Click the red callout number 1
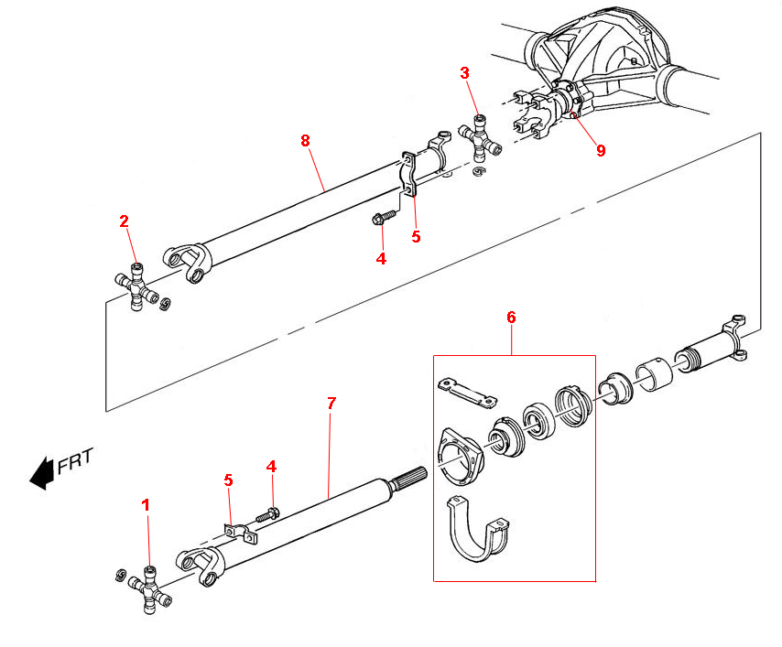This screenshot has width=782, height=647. point(144,504)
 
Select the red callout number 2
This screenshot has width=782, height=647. point(124,221)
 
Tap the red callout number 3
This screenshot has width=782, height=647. point(465,73)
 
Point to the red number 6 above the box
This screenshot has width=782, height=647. point(511,318)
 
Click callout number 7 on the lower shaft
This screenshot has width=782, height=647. point(331,404)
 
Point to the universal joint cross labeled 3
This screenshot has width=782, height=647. point(479,138)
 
